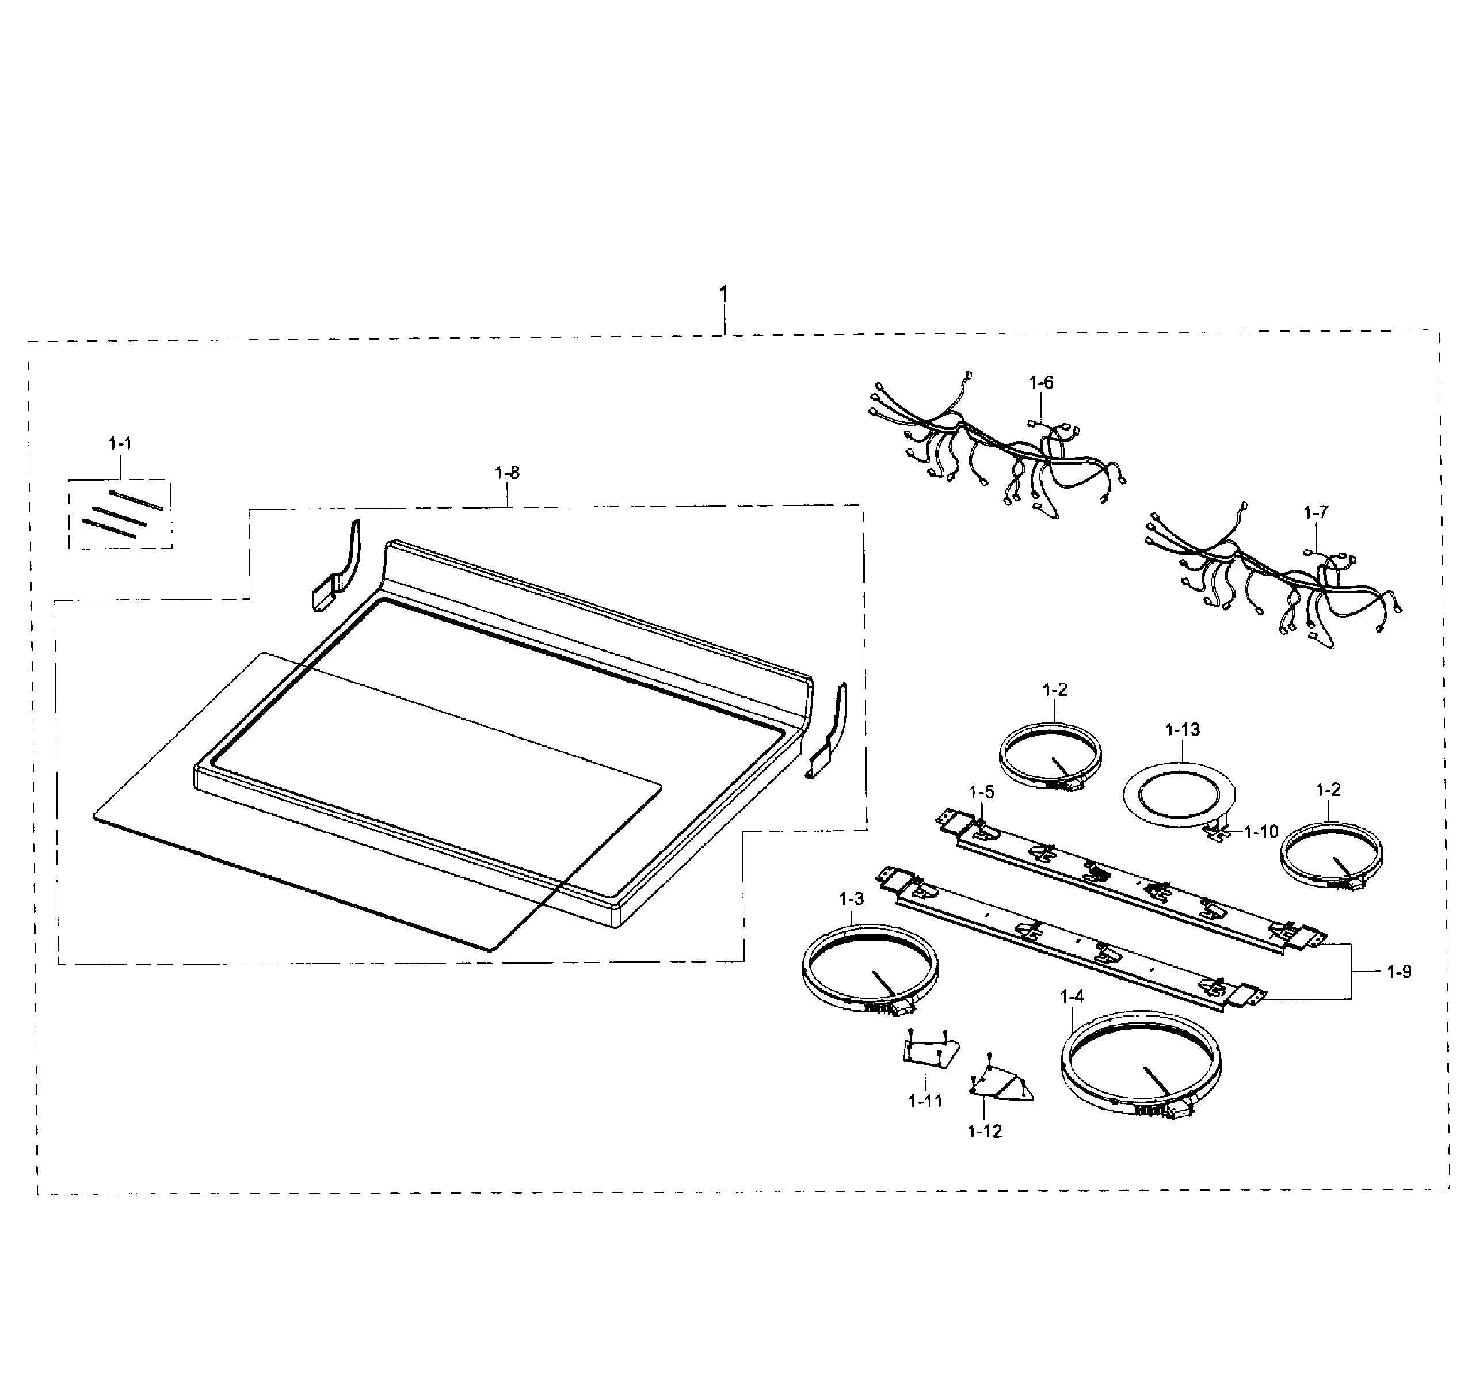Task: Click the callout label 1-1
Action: pyautogui.click(x=120, y=444)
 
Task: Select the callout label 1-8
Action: pyautogui.click(x=507, y=473)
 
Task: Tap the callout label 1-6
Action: pyautogui.click(x=1040, y=383)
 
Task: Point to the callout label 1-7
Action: pyautogui.click(x=1316, y=512)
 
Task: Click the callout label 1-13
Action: pyautogui.click(x=1182, y=730)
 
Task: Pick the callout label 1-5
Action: pyautogui.click(x=981, y=791)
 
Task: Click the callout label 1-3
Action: pyautogui.click(x=851, y=900)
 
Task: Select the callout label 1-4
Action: pyautogui.click(x=1072, y=996)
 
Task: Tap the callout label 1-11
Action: pyautogui.click(x=925, y=1101)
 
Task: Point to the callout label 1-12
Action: pyautogui.click(x=984, y=1131)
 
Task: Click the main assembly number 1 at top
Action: pyautogui.click(x=723, y=295)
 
